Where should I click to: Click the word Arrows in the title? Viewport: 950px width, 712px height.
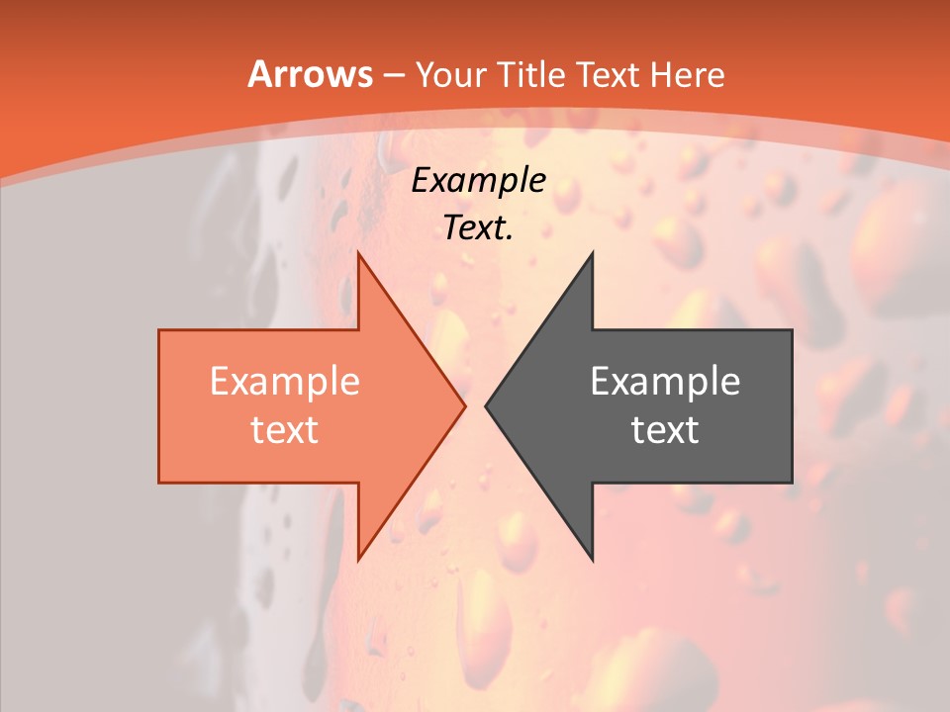coord(310,75)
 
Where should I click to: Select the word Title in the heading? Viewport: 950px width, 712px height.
coord(531,75)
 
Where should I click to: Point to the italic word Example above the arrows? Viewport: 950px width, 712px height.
coord(479,180)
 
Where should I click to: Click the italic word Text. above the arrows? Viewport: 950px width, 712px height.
coord(479,228)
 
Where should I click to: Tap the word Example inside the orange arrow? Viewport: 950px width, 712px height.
coord(285,382)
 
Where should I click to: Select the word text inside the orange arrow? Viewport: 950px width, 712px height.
coord(285,430)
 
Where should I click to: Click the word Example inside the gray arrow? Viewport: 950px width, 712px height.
coord(665,382)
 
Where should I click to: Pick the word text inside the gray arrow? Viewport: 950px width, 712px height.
coord(665,430)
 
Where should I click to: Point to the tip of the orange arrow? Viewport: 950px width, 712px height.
coord(464,405)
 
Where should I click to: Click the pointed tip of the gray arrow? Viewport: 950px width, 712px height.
coord(487,405)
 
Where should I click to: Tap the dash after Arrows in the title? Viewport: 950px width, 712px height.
coord(393,76)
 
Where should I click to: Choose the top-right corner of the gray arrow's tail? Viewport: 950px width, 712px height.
coord(791,331)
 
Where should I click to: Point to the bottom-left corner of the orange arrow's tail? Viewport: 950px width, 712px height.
coord(160,482)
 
